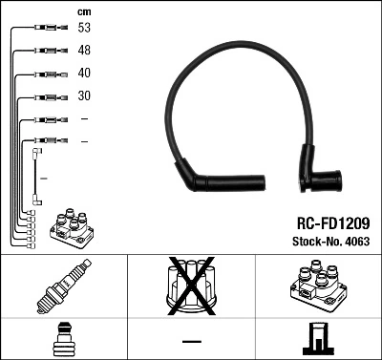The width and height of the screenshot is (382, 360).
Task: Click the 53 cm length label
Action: pos(85,29)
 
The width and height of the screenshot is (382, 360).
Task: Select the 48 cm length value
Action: pos(85,51)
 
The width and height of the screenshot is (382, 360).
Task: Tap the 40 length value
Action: pos(85,74)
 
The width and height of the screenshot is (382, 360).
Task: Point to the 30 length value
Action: pos(85,96)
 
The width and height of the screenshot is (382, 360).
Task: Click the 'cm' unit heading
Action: pos(83,11)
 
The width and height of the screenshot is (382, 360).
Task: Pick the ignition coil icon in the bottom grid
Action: pos(318,286)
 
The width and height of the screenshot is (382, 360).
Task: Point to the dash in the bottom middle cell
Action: pos(191,339)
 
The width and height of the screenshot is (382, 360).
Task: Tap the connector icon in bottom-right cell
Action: pos(318,339)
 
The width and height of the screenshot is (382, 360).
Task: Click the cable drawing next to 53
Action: pos(44,29)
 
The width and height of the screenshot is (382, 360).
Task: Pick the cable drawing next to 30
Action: pos(44,96)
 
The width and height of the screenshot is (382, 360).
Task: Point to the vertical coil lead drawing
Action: pos(36,174)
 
